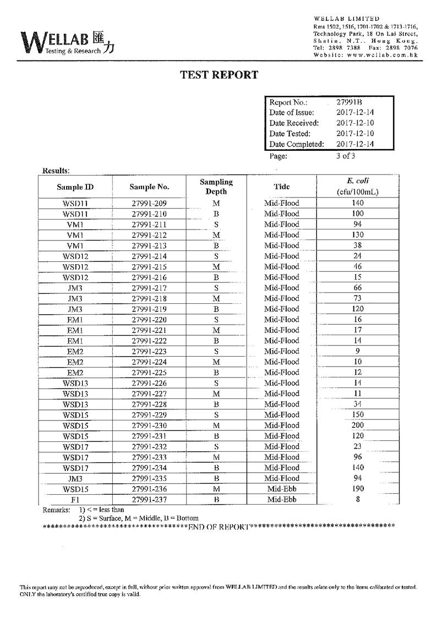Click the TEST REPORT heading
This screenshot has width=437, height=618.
pos(219,75)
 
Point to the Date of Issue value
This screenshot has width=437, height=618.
pos(355,113)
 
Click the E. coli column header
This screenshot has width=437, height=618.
pos(358,186)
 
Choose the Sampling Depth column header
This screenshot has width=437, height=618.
pos(216,187)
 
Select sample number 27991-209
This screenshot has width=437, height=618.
pos(149,203)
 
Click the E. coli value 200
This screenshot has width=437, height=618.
pos(358,425)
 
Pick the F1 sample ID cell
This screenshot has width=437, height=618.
pos(75,500)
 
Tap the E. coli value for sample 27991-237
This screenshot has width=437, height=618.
pos(358,500)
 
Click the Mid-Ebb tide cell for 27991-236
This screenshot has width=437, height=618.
pos(281,489)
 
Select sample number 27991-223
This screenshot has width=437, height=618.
pos(149,352)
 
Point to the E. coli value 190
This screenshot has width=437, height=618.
pos(358,489)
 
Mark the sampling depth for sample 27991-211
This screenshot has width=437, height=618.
pos(216,225)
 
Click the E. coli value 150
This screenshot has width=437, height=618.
pos(358,414)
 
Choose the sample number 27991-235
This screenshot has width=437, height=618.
pos(149,479)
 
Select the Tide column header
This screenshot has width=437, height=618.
pos(281,187)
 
